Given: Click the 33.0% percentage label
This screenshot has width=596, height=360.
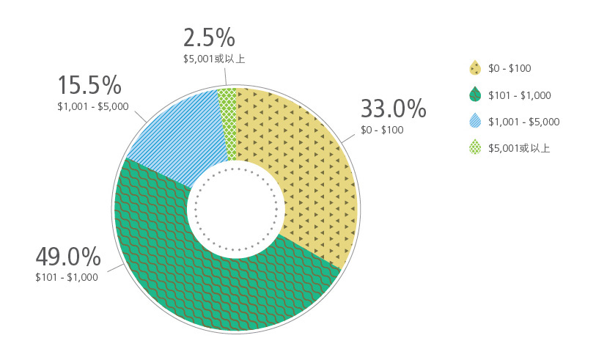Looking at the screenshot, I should point(393,109).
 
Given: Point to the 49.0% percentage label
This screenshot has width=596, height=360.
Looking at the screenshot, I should point(67,257).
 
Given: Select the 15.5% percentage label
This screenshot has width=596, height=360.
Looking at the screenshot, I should point(89,85).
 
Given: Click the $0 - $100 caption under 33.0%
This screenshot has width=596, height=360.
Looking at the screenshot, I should point(382,131).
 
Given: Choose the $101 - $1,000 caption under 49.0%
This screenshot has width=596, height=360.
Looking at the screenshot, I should point(67,277).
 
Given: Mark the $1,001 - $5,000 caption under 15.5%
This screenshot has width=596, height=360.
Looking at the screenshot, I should point(93,106).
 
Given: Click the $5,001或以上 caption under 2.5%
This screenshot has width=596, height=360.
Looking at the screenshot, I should point(214,58).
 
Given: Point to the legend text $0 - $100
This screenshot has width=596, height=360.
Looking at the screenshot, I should point(509,68).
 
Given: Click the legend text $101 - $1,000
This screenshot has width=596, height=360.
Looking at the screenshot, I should point(520,95).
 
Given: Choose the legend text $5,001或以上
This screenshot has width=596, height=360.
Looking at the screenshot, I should point(519,149).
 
